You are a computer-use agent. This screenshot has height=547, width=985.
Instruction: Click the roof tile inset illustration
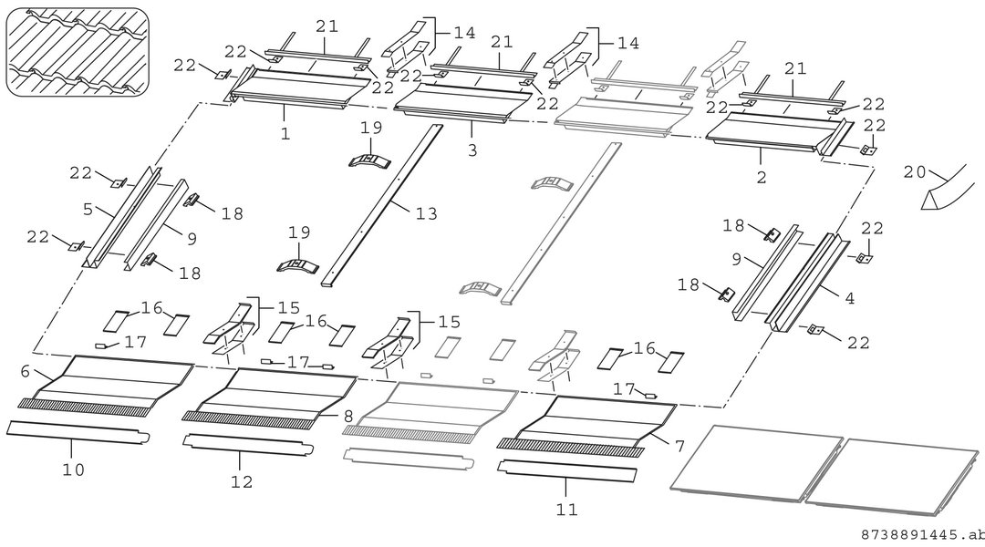tap(78, 52)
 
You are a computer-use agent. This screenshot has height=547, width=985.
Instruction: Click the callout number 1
tap(285, 134)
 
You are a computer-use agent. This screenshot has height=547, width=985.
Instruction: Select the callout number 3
tap(472, 150)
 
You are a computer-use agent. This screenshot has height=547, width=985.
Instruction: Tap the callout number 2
tap(762, 178)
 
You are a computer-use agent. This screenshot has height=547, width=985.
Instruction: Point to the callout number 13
tap(426, 213)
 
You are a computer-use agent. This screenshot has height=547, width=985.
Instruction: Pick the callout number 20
tap(915, 171)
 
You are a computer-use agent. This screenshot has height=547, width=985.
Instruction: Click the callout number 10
tap(73, 470)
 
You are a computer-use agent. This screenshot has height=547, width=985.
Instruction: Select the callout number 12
tap(241, 481)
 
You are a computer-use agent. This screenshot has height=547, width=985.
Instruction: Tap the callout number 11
tap(566, 510)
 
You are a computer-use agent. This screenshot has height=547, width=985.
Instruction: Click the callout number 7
tap(679, 447)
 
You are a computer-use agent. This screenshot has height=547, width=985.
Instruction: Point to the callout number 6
tap(26, 371)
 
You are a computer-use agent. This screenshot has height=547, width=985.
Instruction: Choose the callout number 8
tap(348, 416)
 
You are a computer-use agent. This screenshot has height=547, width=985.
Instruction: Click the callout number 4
tap(849, 298)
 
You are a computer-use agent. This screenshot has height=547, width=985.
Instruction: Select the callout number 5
tap(88, 209)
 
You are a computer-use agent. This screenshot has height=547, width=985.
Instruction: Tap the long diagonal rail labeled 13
tap(382, 206)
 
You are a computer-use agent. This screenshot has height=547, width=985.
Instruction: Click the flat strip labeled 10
tap(78, 432)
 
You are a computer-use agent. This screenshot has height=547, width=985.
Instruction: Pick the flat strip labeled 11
tap(567, 471)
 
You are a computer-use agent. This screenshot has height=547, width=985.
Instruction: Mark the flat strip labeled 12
tap(248, 445)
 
